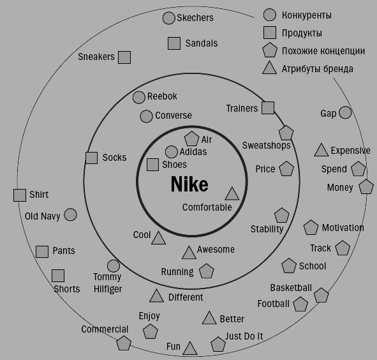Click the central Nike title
(189, 184)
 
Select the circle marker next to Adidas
(172, 152)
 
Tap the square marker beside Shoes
(152, 165)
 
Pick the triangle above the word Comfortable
(232, 194)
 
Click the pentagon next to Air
(191, 139)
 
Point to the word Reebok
(162, 96)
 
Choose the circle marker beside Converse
(146, 116)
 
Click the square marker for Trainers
(268, 108)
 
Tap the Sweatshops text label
(266, 146)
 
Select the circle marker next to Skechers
(168, 18)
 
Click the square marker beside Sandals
(174, 43)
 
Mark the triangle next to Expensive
(322, 151)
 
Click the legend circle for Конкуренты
(270, 15)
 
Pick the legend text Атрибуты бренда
(318, 69)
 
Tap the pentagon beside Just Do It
(218, 344)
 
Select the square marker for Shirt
(20, 195)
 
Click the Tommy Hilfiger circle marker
(114, 266)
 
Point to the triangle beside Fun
(190, 349)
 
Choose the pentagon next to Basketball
(322, 295)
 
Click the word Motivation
(343, 228)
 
